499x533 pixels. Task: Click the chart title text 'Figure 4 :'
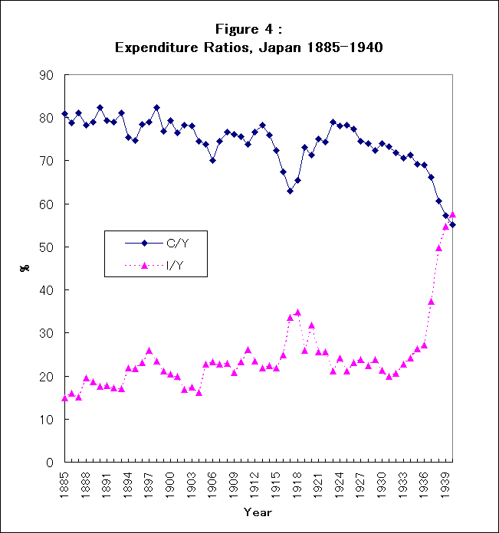tap(249, 29)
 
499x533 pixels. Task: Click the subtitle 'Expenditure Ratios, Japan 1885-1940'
tap(249, 47)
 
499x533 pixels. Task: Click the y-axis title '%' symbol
tap(24, 269)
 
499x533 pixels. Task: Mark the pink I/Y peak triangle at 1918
tap(297, 312)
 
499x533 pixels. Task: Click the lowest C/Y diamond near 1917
tap(290, 191)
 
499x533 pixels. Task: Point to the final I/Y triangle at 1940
tap(452, 214)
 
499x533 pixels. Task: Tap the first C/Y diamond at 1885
tap(65, 113)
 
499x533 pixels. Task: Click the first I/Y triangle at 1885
tap(65, 398)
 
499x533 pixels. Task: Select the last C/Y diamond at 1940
tap(452, 224)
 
